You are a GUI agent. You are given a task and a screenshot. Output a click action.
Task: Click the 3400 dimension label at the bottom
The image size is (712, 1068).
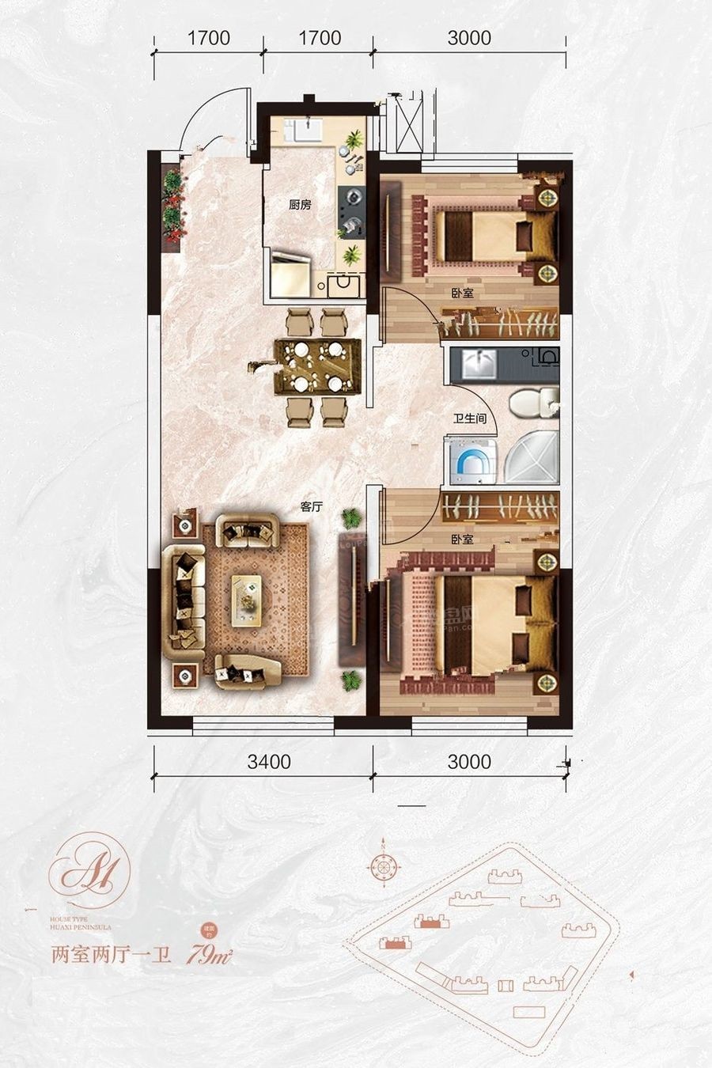click(269, 763)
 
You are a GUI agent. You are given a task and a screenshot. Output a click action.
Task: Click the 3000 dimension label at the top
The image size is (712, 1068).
click(469, 38)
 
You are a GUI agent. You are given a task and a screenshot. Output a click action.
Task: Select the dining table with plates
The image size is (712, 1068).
click(316, 365)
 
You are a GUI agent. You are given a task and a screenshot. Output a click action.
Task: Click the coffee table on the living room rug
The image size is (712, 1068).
click(247, 600)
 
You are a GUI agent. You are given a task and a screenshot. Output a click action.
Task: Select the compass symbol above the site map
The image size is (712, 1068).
click(383, 865)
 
